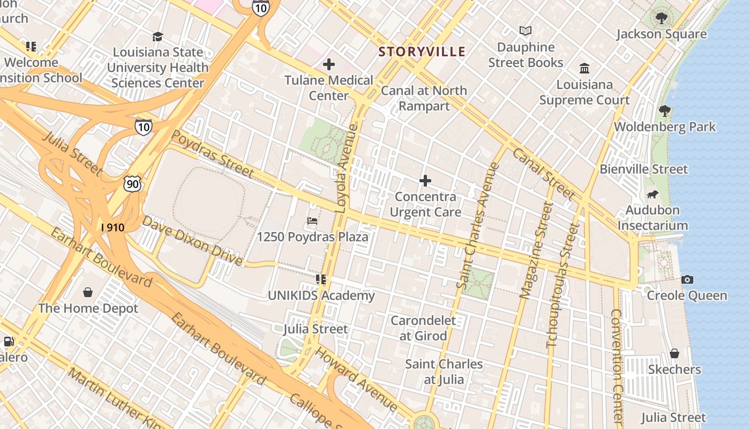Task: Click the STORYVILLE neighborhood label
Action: point(422,51)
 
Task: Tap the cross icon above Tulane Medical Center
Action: point(329,65)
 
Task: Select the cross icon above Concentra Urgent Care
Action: point(425,181)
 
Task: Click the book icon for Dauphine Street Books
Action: point(526,31)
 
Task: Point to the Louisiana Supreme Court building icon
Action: point(584,69)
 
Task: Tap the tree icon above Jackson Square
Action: point(661,18)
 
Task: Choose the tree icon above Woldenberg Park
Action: point(665,111)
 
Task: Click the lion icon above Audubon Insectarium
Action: point(652,194)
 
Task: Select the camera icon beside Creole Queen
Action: point(687,279)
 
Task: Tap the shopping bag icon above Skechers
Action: point(674,353)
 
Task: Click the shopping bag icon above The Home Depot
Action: point(88,292)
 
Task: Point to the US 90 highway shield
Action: point(132,184)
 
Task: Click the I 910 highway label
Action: point(112,227)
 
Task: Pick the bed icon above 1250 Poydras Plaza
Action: point(312,220)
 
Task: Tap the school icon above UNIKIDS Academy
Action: point(321,279)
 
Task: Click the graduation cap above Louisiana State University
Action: point(157,36)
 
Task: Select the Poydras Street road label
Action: point(212,154)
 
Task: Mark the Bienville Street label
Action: point(643,169)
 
